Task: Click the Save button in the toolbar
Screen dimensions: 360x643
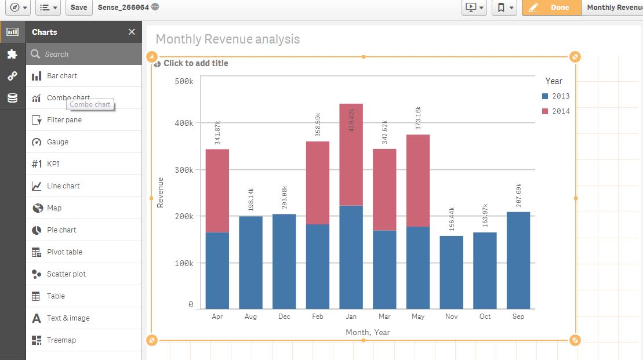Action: (79, 8)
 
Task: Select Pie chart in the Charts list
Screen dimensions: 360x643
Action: (61, 230)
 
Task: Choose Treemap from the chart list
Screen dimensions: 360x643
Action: (61, 340)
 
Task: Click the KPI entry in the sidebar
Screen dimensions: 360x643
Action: (53, 164)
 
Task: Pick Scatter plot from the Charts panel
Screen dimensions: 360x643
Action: (66, 274)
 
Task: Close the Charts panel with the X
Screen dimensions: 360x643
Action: (132, 32)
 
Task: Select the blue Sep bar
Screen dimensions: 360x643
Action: (518, 261)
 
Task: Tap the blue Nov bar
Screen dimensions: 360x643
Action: (451, 272)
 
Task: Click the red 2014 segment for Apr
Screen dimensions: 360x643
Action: (217, 191)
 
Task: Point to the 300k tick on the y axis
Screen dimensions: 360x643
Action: (184, 170)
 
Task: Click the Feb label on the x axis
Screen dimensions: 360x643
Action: (318, 317)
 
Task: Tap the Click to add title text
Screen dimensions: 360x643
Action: (195, 63)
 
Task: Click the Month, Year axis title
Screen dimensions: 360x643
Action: (368, 332)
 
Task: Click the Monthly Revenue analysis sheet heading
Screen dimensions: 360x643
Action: (227, 39)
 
